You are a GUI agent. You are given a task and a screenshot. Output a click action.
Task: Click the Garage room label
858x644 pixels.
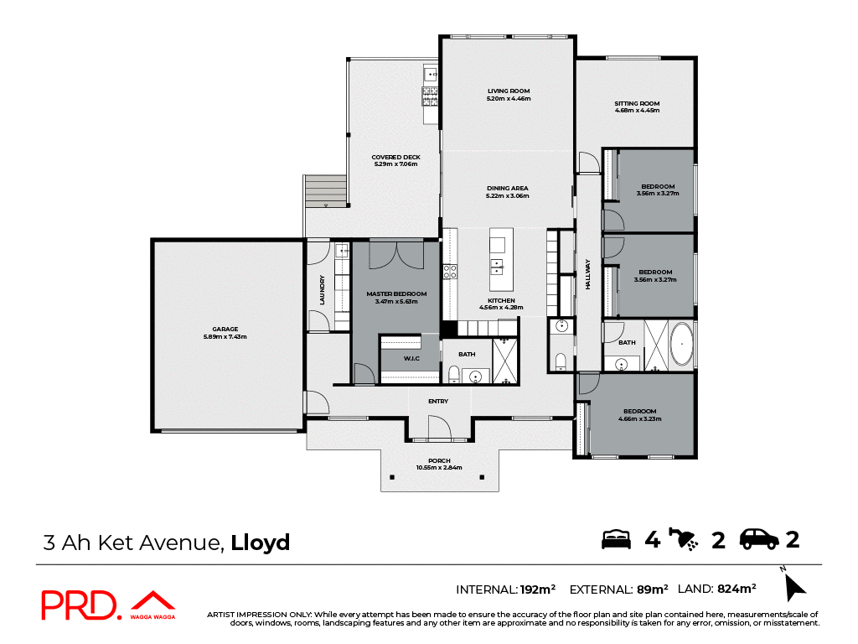[x=225, y=329]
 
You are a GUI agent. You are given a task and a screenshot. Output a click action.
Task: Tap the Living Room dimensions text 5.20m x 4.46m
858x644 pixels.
[x=509, y=99]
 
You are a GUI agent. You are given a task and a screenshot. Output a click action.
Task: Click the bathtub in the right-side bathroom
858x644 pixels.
[x=683, y=345]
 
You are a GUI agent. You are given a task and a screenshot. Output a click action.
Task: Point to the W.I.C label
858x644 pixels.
[x=411, y=358]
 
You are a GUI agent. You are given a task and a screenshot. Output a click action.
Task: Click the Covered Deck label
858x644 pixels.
[x=396, y=157]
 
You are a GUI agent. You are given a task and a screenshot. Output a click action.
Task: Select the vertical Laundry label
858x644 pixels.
[x=322, y=290]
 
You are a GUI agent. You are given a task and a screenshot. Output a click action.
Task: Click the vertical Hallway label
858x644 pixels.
[x=588, y=274]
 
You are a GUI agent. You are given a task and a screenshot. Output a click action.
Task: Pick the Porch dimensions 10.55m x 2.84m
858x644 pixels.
[x=439, y=468]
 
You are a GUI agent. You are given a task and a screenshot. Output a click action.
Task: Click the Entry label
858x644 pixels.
[x=438, y=402]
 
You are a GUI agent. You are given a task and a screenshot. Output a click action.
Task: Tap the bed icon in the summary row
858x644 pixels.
[x=616, y=539]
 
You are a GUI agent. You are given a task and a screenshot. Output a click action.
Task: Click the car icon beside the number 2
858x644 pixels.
[x=759, y=539]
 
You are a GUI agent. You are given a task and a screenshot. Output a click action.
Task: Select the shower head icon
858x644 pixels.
[x=686, y=539]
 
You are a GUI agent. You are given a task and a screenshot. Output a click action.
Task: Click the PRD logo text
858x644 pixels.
[x=80, y=605]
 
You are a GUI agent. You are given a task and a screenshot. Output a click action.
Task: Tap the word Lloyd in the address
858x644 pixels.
[x=261, y=543]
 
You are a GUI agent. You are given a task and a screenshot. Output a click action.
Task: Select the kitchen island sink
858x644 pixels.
[x=498, y=267]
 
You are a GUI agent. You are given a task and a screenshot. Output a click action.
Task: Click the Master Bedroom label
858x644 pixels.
[x=396, y=293]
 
